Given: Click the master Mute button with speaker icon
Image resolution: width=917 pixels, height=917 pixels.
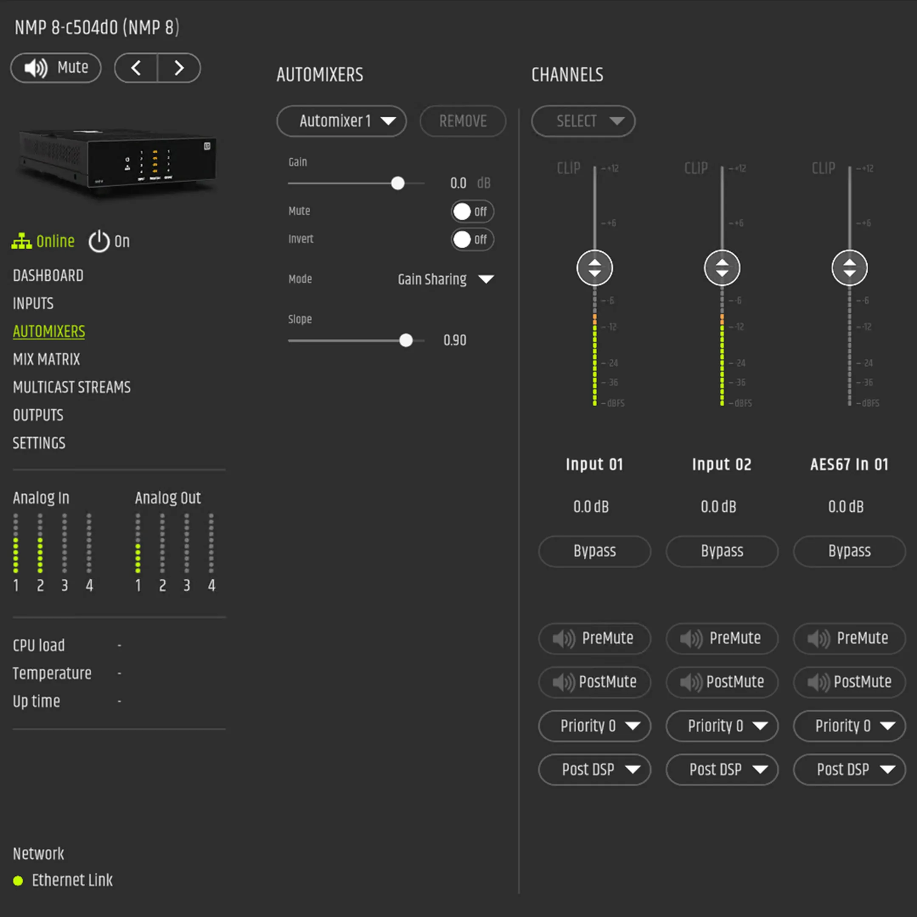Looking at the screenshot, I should click(56, 68).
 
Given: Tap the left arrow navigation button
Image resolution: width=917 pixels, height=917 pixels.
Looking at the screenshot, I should click(136, 68).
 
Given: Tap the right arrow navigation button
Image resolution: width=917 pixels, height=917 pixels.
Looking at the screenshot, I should click(179, 68).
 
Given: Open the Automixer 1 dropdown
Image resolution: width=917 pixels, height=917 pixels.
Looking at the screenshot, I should click(341, 121).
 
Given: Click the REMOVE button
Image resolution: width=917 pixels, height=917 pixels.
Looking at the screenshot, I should click(463, 121).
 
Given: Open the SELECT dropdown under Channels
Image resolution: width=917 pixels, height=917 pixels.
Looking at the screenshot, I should click(583, 121).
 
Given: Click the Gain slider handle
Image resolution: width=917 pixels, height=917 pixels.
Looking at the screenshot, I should click(398, 183).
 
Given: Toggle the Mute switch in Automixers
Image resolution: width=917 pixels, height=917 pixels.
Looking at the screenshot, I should click(472, 212).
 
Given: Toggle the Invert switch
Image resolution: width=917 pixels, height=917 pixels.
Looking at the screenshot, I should click(472, 240).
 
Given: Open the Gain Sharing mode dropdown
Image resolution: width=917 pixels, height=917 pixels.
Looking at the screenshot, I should click(445, 279).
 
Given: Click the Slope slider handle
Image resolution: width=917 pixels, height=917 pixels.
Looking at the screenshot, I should click(406, 340).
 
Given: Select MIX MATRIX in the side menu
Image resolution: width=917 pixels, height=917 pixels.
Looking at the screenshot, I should click(47, 359).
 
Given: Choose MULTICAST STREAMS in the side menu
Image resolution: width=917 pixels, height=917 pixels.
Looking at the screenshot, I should click(72, 387).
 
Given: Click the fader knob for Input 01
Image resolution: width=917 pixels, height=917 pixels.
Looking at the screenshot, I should click(595, 268).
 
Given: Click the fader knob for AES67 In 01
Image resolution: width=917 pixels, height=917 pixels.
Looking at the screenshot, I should click(849, 268).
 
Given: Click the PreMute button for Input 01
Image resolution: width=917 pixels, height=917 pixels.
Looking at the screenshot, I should click(595, 639).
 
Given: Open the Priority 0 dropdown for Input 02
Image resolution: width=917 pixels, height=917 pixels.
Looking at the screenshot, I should click(722, 726).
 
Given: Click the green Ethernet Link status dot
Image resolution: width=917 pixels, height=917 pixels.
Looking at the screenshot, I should click(18, 881).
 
